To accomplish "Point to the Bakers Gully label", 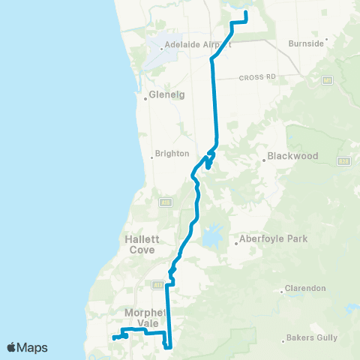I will coord(311,338).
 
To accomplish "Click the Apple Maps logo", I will coord(27,347).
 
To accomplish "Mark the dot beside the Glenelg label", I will coord(146,96).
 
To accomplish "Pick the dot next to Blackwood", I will coord(266,157).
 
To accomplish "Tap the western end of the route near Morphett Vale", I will coord(114,338).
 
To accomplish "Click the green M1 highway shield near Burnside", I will coord(327,79).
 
